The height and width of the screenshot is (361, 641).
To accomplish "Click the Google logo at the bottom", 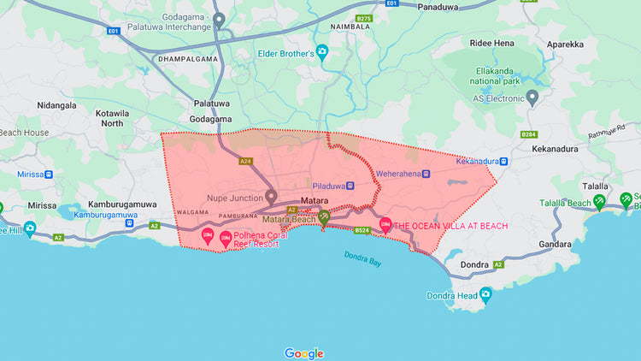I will click(304, 353).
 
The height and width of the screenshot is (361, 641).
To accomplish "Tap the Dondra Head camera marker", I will click(485, 296).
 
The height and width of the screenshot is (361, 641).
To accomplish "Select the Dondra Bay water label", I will click(362, 258).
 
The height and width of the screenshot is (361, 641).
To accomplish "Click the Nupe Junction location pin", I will click(271, 197).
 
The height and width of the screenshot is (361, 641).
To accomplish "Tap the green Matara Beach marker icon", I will click(324, 217).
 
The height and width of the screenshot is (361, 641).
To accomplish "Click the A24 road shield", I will click(246, 161).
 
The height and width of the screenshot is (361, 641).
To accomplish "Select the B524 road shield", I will click(362, 230).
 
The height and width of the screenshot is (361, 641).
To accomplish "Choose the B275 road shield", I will click(364, 18).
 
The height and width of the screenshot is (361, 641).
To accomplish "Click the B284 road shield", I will click(529, 134).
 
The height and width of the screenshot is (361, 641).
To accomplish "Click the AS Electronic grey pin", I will click(532, 98).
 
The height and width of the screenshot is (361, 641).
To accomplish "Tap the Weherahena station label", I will click(398, 174).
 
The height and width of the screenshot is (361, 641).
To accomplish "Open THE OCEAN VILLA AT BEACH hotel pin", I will click(385, 226).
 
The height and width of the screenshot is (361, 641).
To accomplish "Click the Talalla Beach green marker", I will click(600, 202).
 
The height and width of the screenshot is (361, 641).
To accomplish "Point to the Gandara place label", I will click(555, 244).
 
